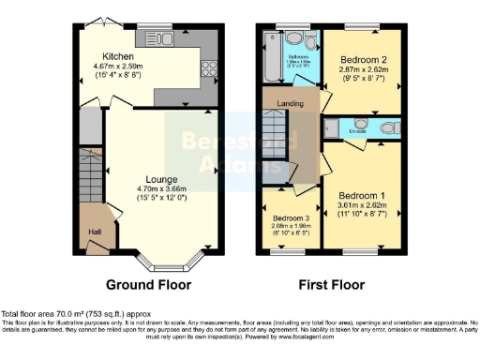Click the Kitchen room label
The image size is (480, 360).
click(116, 56)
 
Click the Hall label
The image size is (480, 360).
click(95, 232)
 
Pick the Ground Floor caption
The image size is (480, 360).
click(148, 284)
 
